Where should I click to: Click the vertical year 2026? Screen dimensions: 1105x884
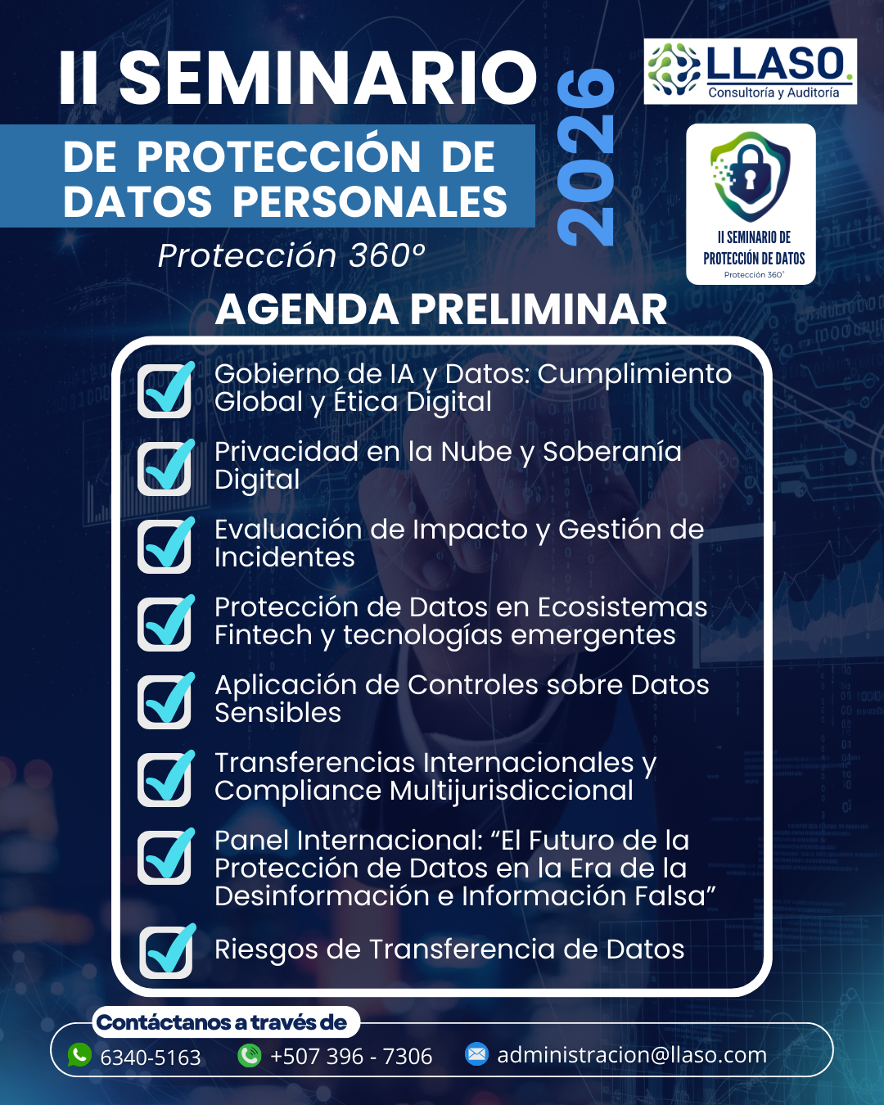point(586,157)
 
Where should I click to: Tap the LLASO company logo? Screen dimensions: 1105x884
point(750,71)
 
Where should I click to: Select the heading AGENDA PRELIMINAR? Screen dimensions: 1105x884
point(441,309)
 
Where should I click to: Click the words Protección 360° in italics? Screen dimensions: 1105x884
point(291,255)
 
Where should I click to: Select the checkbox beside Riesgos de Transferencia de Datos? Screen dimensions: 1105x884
point(166,951)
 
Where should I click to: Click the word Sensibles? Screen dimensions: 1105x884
point(277,713)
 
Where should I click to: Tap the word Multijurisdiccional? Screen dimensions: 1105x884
point(512,791)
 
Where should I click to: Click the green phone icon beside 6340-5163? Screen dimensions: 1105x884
point(79,1054)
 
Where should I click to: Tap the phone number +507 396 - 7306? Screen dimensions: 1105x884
point(351,1057)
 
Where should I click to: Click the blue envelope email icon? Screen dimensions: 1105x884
point(476,1054)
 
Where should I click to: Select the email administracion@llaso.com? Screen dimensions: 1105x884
point(632,1055)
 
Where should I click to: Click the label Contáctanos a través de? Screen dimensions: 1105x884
point(222,1022)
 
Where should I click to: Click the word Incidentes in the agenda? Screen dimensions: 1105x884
point(285,557)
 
